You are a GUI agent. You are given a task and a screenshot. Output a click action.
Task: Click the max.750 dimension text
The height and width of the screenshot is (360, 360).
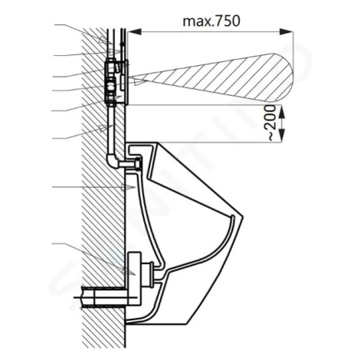tap(211, 21)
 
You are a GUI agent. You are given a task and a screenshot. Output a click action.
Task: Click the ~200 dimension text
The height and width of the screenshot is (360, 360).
tap(272, 123)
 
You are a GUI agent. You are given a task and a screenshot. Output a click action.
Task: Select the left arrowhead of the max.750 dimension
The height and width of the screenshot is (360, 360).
tap(134, 31)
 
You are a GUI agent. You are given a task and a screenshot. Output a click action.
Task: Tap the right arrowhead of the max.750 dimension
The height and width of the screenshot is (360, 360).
tap(286, 31)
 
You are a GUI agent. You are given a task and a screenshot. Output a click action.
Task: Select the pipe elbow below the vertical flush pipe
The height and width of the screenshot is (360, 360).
tap(113, 161)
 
